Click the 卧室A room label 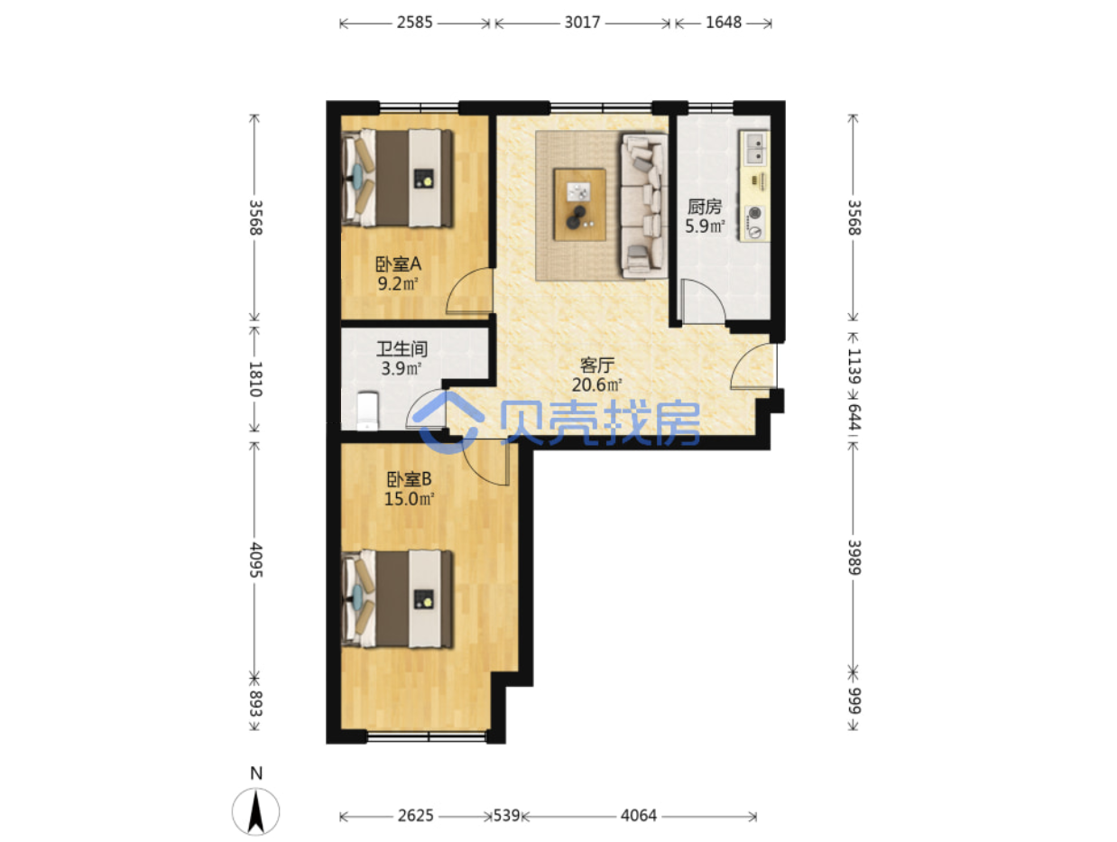click(398, 264)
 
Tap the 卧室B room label click(409, 479)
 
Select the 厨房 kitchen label click(705, 207)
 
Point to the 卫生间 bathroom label click(402, 349)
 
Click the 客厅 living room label click(597, 365)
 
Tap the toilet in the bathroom click(367, 410)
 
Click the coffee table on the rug click(579, 205)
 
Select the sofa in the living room click(643, 206)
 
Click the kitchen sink click(754, 148)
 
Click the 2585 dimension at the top click(415, 23)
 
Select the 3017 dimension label click(582, 23)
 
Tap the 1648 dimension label click(723, 23)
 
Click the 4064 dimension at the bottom click(639, 816)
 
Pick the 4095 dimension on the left click(255, 560)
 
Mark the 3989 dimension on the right click(854, 558)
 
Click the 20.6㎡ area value click(597, 385)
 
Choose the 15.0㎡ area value click(409, 499)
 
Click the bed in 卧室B click(397, 599)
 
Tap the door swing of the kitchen click(703, 301)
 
